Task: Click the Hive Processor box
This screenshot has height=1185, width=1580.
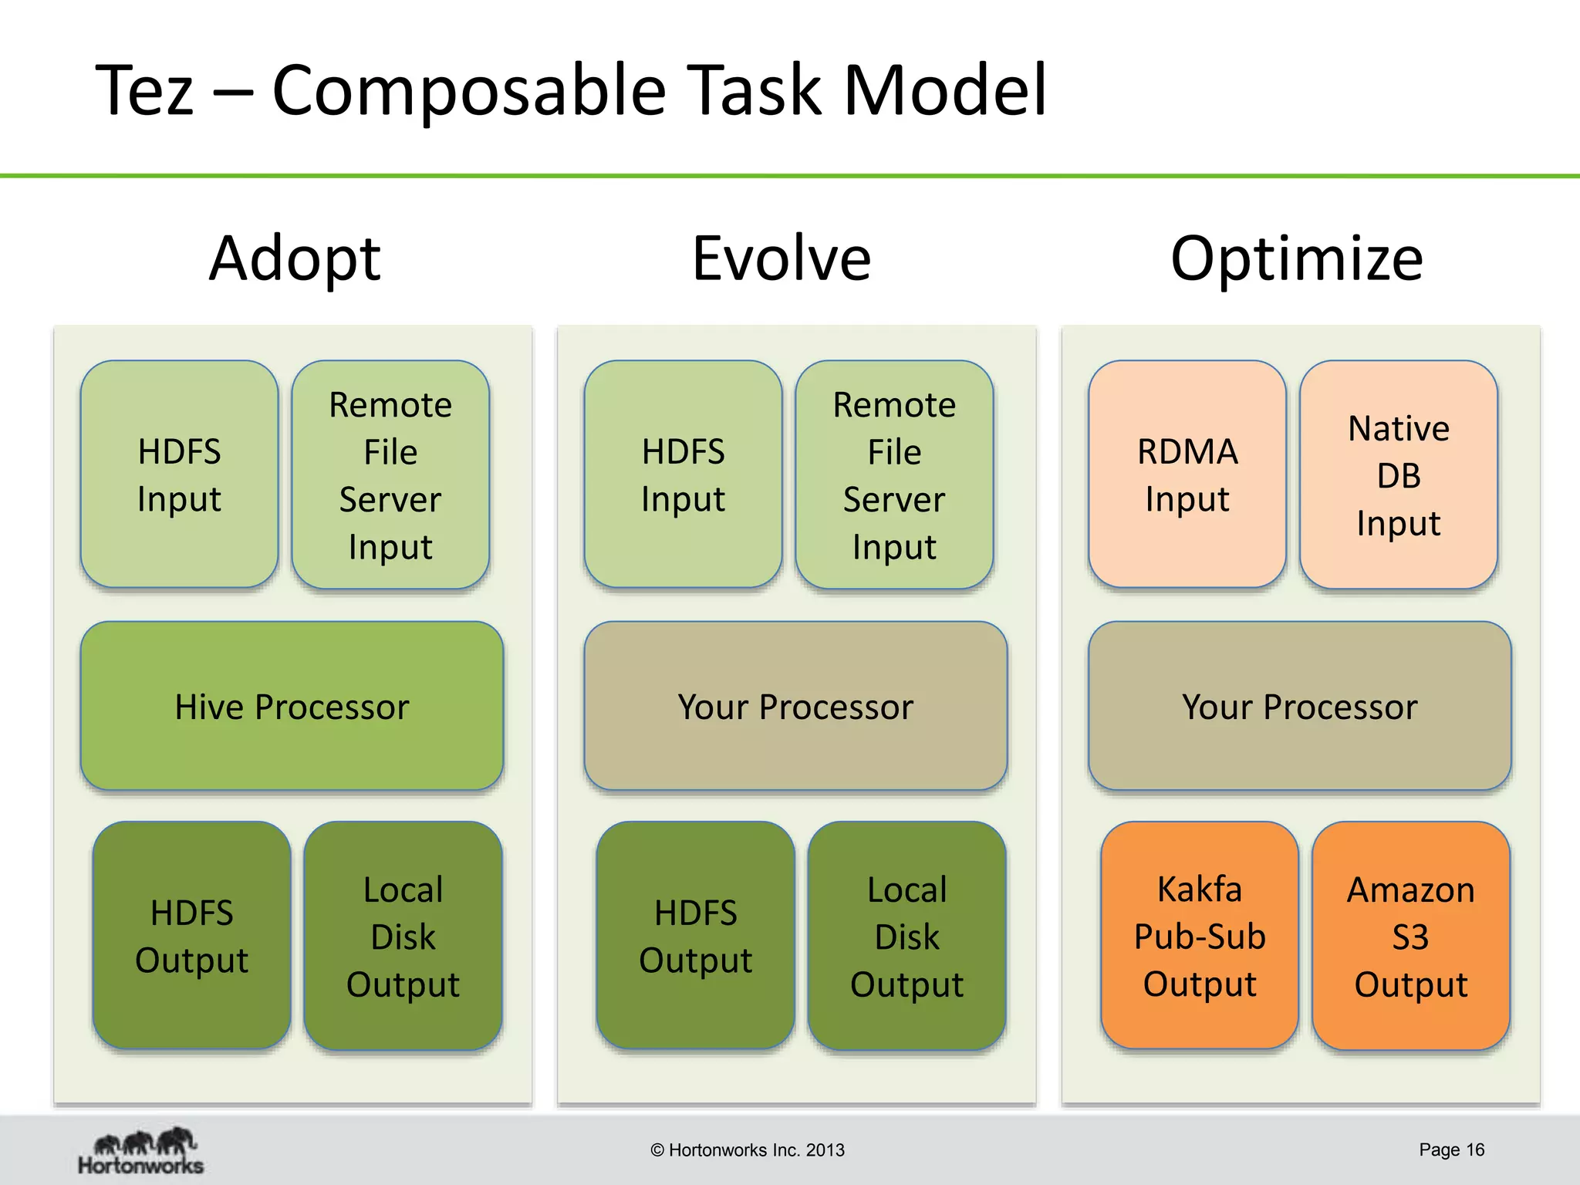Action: coord(292,706)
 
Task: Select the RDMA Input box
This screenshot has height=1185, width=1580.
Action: coord(1187,474)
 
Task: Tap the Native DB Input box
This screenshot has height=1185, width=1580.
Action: coord(1398,474)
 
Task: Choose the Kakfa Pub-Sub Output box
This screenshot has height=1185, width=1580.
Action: coord(1200,936)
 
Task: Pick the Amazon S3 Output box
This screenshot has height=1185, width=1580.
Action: coord(1410,936)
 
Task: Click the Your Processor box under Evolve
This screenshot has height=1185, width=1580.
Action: coord(795,706)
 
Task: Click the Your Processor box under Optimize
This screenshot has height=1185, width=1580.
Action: coord(1299,706)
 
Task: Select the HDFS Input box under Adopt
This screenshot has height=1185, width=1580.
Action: coord(179,474)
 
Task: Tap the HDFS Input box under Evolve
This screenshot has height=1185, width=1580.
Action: coord(683,474)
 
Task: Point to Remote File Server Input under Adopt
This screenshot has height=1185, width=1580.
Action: coord(390,474)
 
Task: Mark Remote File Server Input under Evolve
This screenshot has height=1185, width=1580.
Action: coord(894,474)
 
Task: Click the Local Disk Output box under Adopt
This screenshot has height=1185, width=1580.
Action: coord(403,936)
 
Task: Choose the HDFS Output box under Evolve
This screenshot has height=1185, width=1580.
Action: coord(695,936)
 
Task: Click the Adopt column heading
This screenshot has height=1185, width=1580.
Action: coord(295,258)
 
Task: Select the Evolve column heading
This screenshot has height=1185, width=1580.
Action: coord(782,258)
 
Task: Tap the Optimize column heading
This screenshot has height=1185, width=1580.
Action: coord(1297,258)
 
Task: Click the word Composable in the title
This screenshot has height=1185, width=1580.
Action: coord(469,91)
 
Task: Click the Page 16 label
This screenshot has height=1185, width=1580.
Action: coord(1451,1150)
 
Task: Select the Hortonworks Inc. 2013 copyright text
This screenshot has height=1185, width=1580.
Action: coord(748,1150)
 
